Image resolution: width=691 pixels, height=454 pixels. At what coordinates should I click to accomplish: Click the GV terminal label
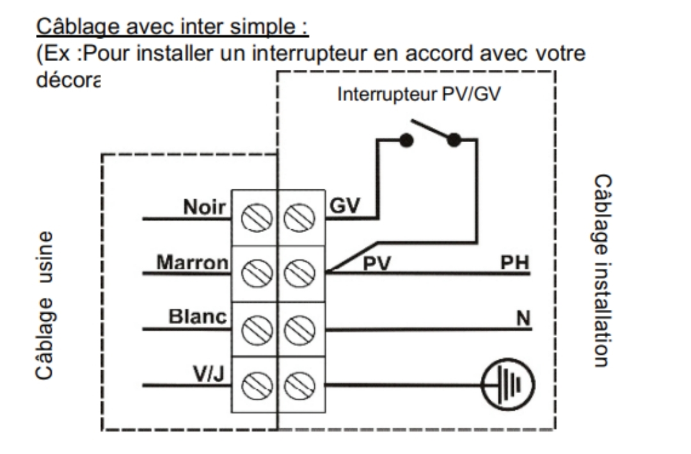tap(345, 206)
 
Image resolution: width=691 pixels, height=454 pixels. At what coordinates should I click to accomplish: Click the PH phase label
tap(516, 263)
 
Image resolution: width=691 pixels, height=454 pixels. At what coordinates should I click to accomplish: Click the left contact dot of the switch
tap(405, 140)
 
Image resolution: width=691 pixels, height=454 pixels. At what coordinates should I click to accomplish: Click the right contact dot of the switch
tap(454, 140)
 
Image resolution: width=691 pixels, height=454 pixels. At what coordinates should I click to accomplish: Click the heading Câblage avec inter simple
tap(172, 27)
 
